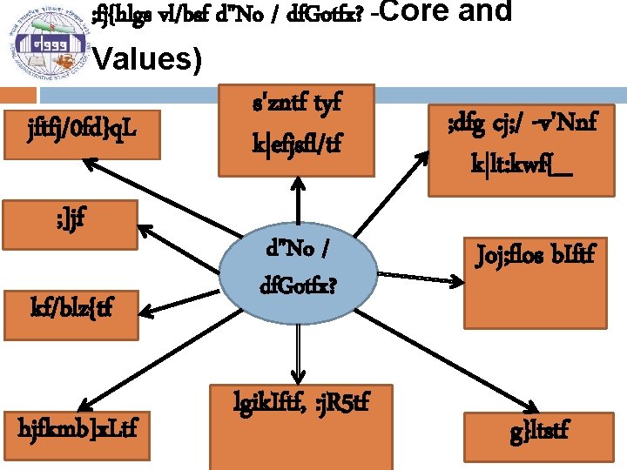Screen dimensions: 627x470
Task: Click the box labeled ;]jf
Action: pos(69,222)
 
